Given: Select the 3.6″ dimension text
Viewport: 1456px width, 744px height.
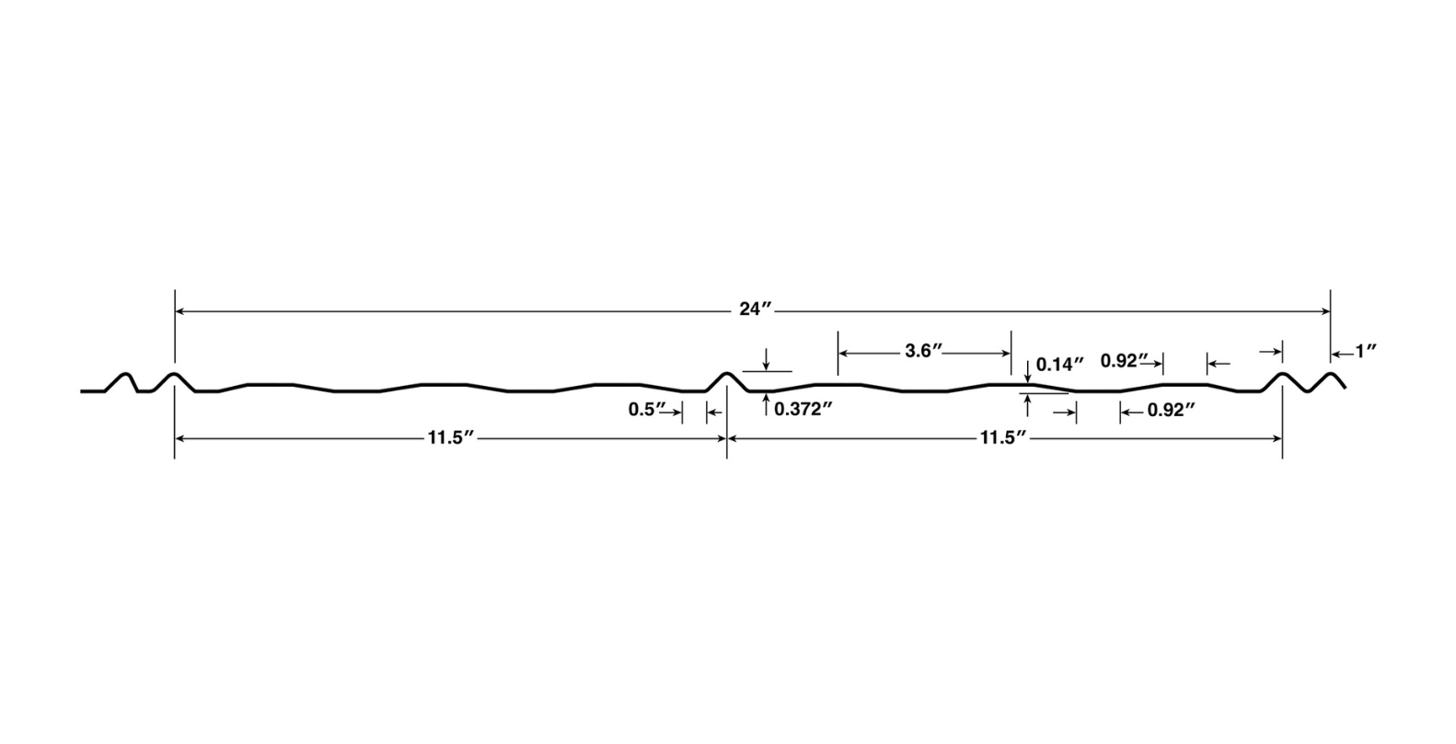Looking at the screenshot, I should click(923, 351).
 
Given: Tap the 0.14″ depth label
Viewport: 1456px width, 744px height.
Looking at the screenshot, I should click(1060, 364).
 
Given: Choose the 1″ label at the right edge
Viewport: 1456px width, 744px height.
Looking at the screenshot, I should click(1366, 351).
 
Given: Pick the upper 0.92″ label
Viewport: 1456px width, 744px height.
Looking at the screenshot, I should click(1125, 361).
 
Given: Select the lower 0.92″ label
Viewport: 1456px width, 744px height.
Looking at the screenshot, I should click(1171, 411).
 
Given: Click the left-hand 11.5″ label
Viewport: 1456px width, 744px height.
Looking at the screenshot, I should click(450, 438).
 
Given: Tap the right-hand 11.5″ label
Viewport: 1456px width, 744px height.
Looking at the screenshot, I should click(1002, 438).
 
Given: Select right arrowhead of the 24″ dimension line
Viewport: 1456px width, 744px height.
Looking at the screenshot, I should click(1325, 312).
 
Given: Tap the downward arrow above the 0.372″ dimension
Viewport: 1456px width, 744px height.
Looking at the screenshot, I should click(766, 366).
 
